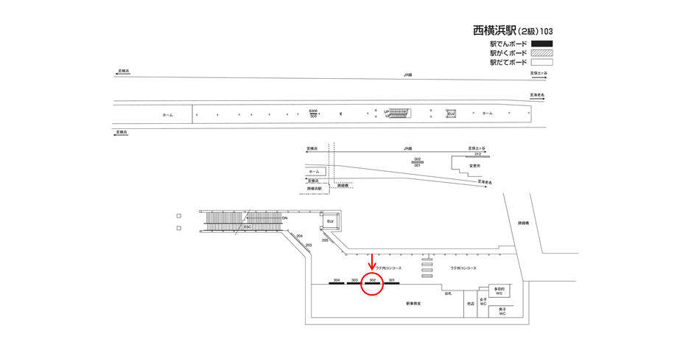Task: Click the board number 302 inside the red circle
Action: point(373,280)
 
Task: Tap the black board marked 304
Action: point(337,284)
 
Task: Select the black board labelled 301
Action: point(392,284)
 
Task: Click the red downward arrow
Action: point(372,261)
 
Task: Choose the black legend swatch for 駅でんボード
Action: point(541,44)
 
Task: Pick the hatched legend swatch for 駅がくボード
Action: point(541,53)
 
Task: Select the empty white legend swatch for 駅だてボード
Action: point(541,63)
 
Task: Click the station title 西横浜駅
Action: point(494,31)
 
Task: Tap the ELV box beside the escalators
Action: point(331,221)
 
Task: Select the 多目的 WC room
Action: point(499,291)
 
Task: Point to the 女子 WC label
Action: point(483,302)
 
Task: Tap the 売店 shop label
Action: point(470,303)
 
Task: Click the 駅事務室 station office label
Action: point(413,303)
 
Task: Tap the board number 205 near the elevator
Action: point(325,240)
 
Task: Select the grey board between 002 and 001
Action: point(417,162)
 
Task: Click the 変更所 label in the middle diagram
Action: point(474,166)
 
